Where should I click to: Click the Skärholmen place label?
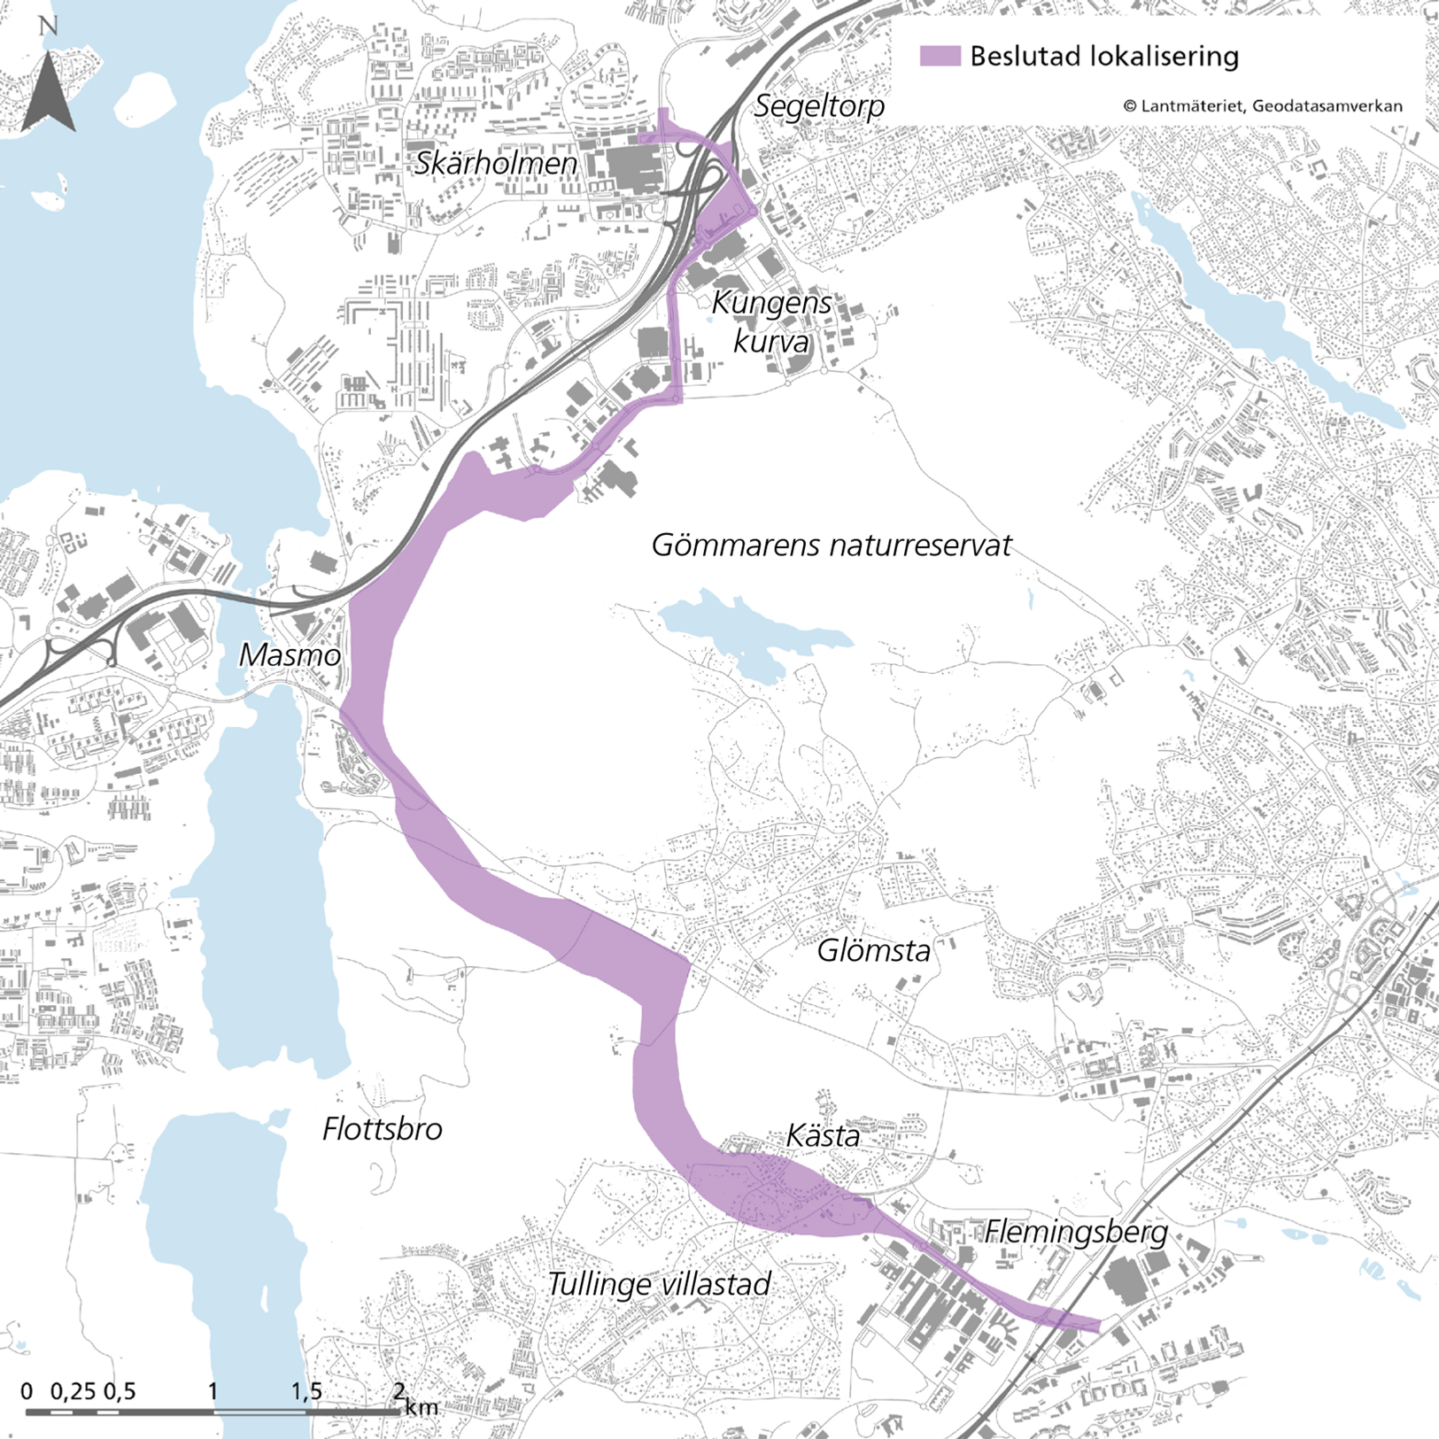tap(495, 164)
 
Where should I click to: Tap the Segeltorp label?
tap(819, 106)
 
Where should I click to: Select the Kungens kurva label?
tap(771, 321)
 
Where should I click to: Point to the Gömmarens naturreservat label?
tap(831, 545)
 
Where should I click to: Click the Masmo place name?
tap(290, 655)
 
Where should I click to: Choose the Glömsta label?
tap(873, 951)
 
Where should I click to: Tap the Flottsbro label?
tap(382, 1129)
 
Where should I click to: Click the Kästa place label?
tap(823, 1136)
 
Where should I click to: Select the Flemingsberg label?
tap(1076, 1232)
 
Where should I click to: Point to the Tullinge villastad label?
tap(659, 1284)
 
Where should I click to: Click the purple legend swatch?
tap(940, 56)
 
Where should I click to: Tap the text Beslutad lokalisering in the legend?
tap(1103, 57)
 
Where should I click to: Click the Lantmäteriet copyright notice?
tap(1262, 106)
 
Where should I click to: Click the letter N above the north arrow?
tap(48, 26)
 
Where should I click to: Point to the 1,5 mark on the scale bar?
tap(306, 1391)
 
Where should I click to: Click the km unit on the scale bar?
tap(422, 1406)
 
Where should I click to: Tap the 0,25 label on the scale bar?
tap(73, 1391)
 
